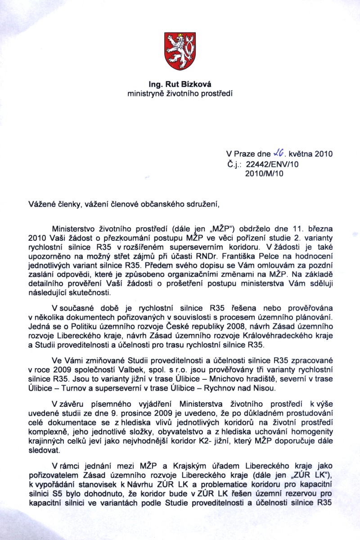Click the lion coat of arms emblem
tap(180, 51)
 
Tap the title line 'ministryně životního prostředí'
tap(180, 94)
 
